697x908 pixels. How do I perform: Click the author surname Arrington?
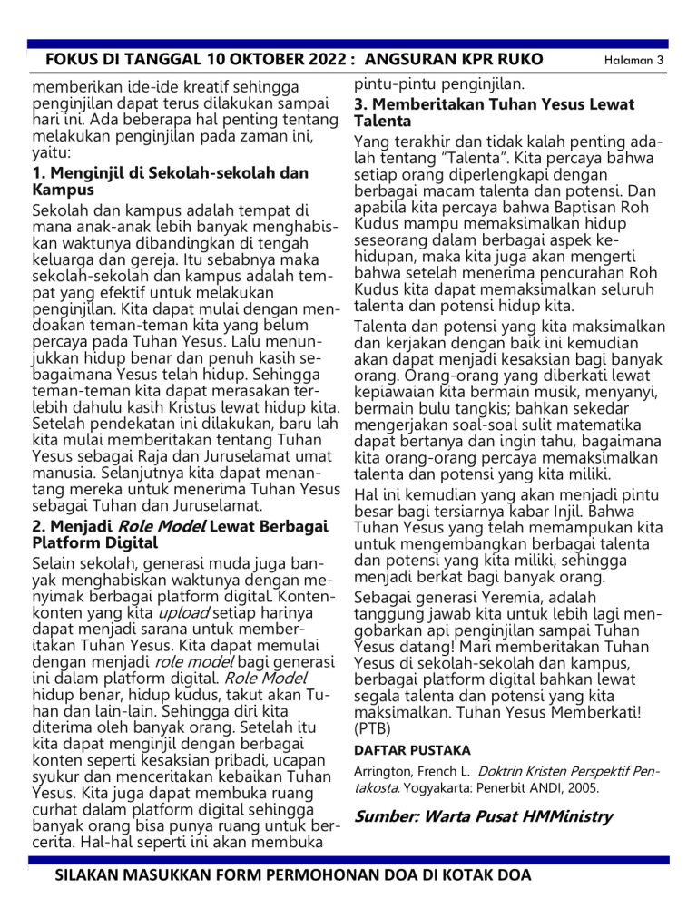[383, 772]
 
